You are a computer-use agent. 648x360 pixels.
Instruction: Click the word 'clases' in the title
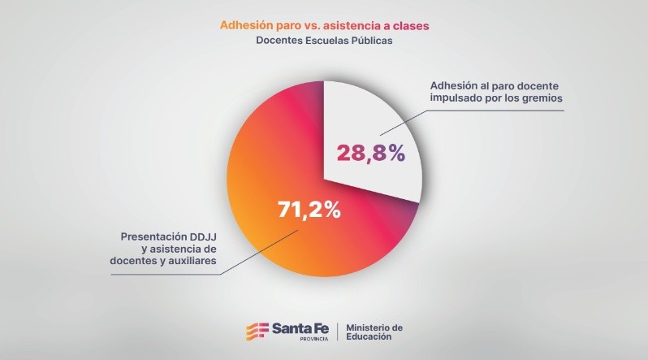pos(411,26)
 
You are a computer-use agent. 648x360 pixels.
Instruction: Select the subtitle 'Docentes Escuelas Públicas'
pos(324,41)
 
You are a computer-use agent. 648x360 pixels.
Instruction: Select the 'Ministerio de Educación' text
pos(374,332)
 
